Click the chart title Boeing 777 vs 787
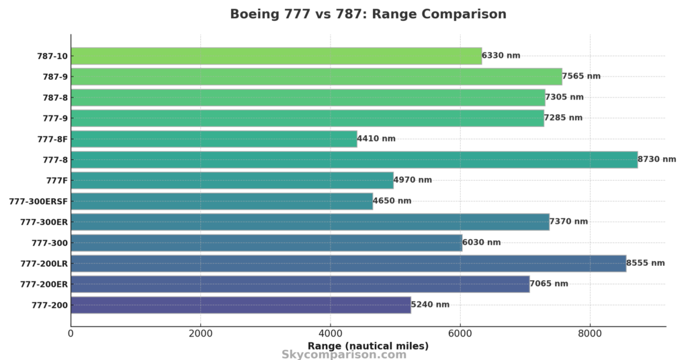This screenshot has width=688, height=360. pos(368,14)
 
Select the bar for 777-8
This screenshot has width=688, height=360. pos(354,160)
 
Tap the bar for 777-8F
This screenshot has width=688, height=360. pos(214,139)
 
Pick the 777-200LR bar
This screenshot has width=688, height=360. pos(348,263)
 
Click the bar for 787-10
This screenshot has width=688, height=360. pos(276,56)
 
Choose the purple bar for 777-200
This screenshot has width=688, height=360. pos(241,305)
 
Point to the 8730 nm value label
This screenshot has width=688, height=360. pos(656,160)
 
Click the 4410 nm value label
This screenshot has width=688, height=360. pos(376,139)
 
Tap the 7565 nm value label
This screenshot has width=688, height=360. pos(581,77)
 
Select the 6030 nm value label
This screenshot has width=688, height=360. pos(481,242)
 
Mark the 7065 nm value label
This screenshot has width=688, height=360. pos(549,284)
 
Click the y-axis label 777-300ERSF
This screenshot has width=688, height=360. pos(38,201)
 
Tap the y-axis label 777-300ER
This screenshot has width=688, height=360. pos(44,222)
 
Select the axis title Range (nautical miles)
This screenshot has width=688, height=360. pos(368,346)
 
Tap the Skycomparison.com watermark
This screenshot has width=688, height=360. pos(344,355)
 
